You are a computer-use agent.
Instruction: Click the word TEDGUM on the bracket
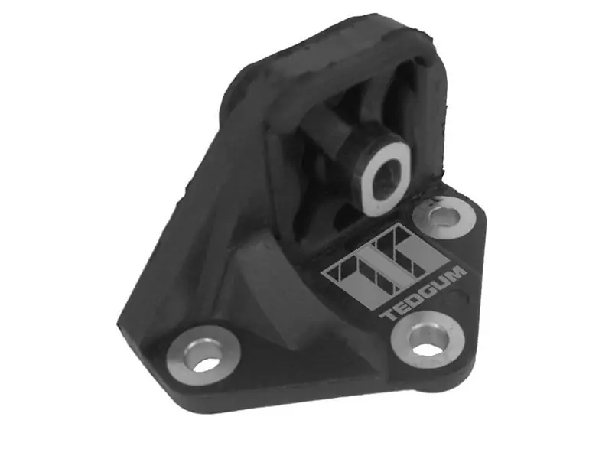tap(424, 294)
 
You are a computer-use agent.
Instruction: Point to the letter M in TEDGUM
tap(457, 273)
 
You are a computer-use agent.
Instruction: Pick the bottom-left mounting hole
tap(206, 365)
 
